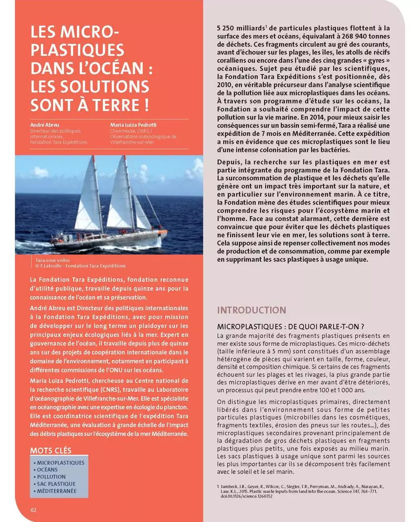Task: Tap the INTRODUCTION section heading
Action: tap(251, 311)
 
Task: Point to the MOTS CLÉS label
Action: tap(50, 451)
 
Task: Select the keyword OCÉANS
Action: tap(47, 470)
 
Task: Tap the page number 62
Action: tap(34, 510)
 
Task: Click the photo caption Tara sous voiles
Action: tap(53, 260)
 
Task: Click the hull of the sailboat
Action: tap(106, 241)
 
